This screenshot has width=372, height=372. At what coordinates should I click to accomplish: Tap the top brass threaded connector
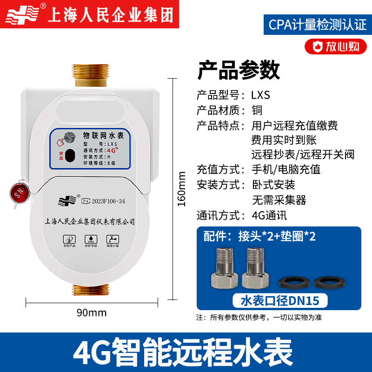(91, 75)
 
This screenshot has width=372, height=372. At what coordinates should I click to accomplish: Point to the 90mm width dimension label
(91, 312)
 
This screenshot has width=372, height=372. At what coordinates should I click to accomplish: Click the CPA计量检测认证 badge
(318, 25)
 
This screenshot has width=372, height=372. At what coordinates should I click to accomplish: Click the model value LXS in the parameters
(260, 95)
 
